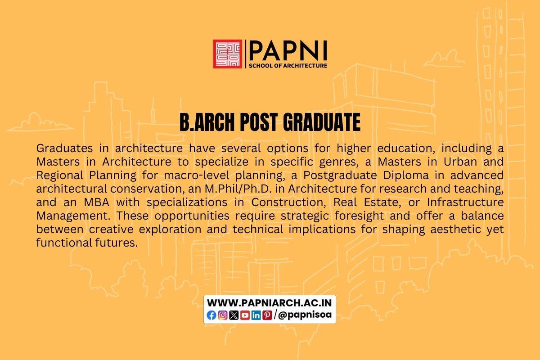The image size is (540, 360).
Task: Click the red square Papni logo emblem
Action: pos(227,54)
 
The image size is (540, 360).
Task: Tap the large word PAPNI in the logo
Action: pos(288,50)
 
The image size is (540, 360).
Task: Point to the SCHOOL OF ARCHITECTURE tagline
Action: pos(288,66)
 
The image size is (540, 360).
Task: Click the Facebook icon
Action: pos(211,315)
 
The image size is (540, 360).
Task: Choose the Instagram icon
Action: pos(223,315)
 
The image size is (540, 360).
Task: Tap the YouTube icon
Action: pos(245,315)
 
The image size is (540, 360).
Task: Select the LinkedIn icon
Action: pos(256,315)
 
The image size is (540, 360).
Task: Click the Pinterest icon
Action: pos(267,315)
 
